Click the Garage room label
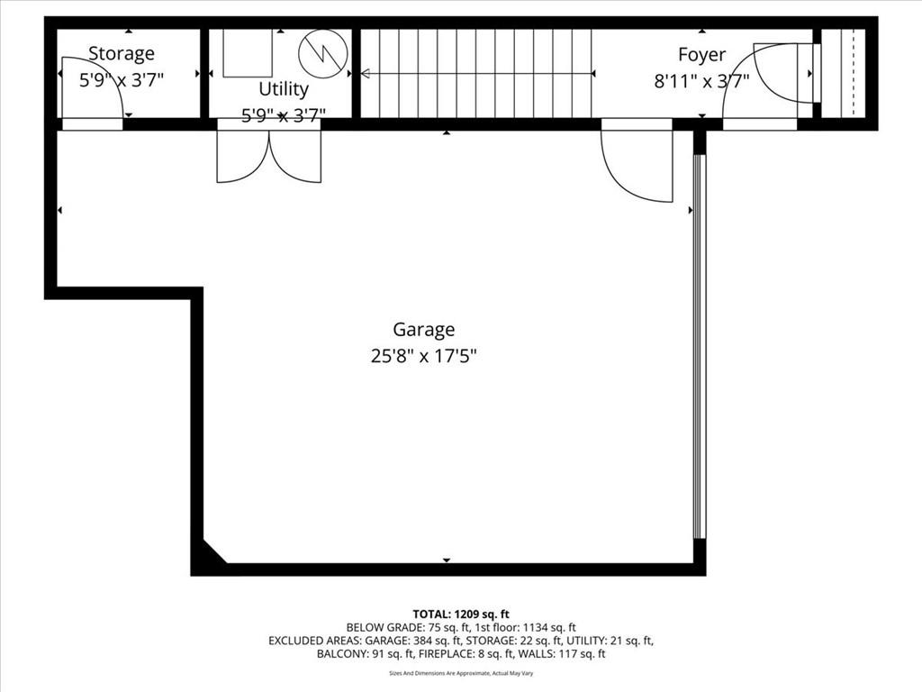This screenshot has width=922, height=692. click(423, 330)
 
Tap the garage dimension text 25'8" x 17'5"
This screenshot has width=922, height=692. click(423, 356)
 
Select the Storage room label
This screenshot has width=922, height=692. click(121, 54)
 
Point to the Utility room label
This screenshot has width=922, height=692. click(284, 89)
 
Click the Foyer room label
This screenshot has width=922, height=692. click(701, 55)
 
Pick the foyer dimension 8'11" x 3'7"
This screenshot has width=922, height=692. click(701, 81)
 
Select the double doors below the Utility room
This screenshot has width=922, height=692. click(268, 156)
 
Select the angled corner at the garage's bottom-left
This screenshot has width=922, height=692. click(212, 554)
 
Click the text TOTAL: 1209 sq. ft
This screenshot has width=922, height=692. click(461, 614)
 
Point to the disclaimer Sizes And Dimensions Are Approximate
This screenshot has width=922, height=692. click(461, 673)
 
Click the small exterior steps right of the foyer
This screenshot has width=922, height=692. click(843, 73)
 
